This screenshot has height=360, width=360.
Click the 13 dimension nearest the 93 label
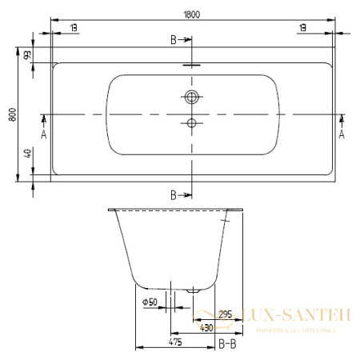point(73,27)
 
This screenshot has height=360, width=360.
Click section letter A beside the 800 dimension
point(43,134)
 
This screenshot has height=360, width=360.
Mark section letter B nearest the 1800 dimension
point(174,39)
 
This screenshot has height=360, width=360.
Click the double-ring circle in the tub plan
point(191,98)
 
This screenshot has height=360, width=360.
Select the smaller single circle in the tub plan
point(191,122)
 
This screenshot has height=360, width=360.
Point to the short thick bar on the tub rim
point(193,66)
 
